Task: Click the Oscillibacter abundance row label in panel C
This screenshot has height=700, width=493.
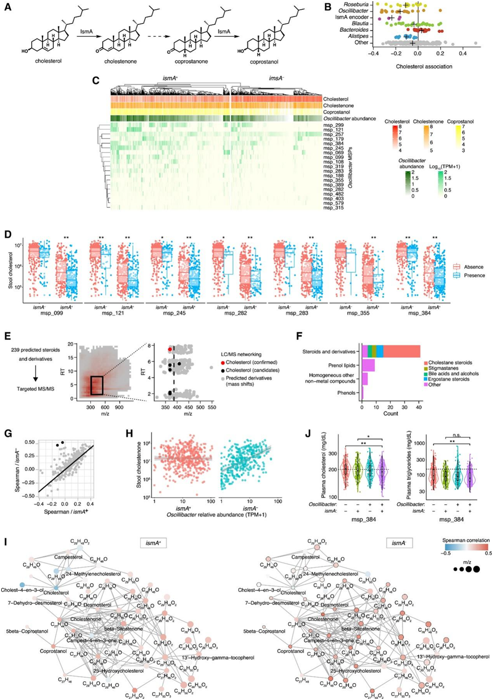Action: click(x=351, y=117)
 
